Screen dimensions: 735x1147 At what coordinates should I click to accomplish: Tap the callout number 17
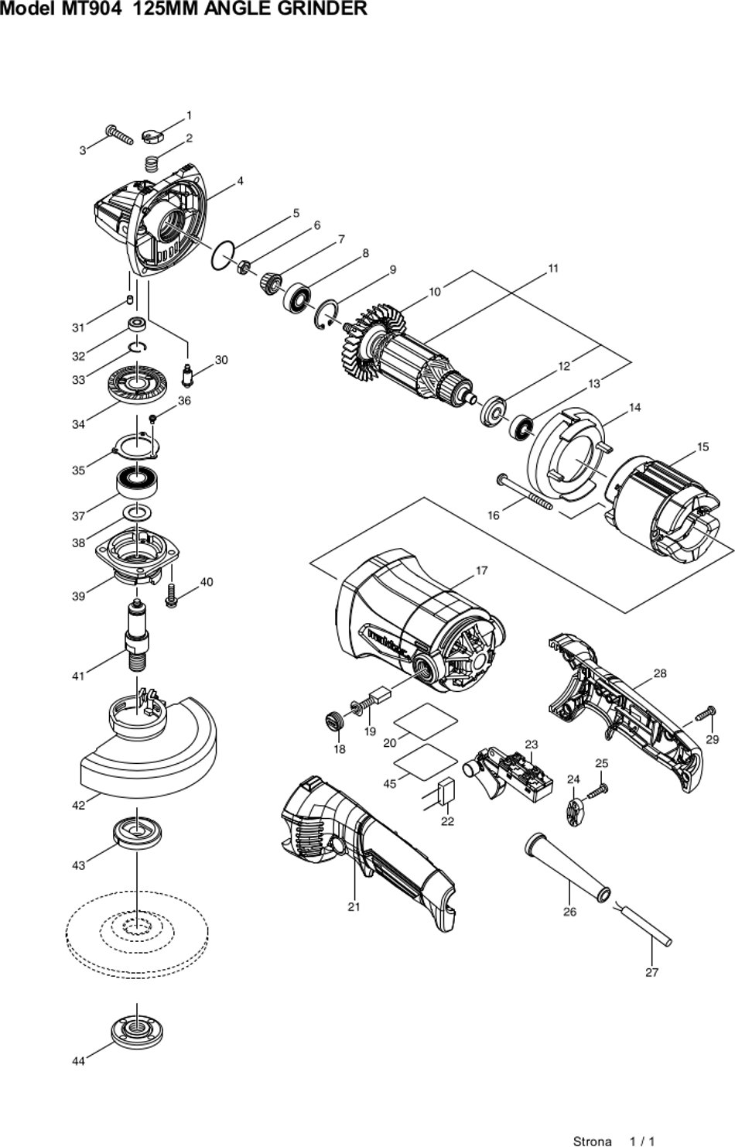click(x=481, y=570)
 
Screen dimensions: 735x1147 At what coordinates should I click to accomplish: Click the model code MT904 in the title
click(x=90, y=8)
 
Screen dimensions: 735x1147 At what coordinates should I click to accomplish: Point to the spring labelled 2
click(x=150, y=164)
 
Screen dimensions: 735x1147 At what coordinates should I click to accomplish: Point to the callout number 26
click(x=569, y=912)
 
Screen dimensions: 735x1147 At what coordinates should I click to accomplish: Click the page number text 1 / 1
click(x=642, y=1141)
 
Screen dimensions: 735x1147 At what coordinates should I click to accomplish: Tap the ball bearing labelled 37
click(x=137, y=481)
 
